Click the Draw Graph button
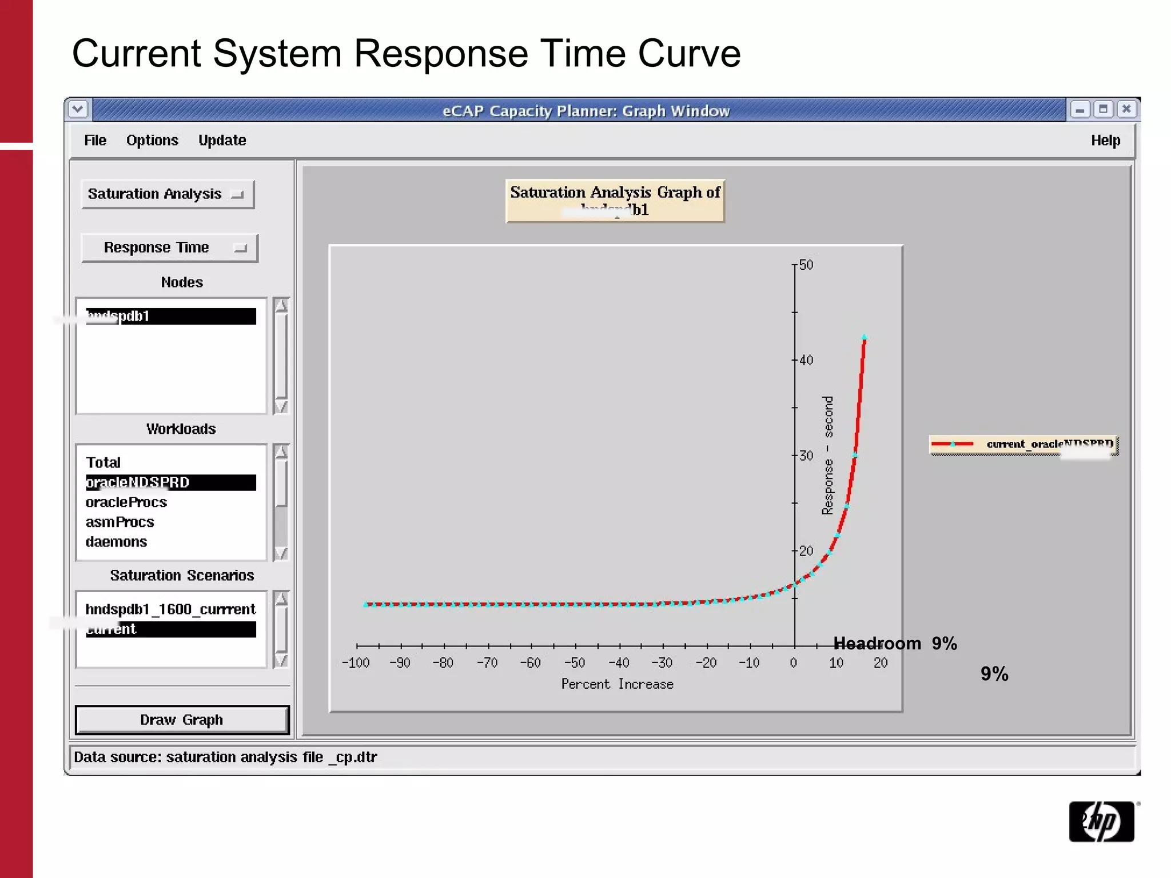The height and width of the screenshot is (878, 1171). pyautogui.click(x=182, y=720)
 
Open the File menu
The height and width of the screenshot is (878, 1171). pyautogui.click(x=95, y=141)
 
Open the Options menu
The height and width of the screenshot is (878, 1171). pyautogui.click(x=152, y=141)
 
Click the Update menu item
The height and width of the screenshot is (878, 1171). pyautogui.click(x=222, y=141)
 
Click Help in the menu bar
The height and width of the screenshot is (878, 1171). pyautogui.click(x=1105, y=141)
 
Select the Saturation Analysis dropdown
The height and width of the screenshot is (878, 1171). pyautogui.click(x=167, y=194)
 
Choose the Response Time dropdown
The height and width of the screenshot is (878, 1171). pyautogui.click(x=169, y=248)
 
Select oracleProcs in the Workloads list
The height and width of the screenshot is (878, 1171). pyautogui.click(x=126, y=502)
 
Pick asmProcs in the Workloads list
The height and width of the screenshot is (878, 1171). pyautogui.click(x=120, y=522)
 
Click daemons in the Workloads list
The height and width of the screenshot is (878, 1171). pyautogui.click(x=117, y=542)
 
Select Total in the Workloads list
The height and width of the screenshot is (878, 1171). pyautogui.click(x=103, y=462)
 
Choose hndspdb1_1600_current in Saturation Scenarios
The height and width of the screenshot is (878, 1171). pyautogui.click(x=170, y=609)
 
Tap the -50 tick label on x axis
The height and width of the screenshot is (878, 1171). pyautogui.click(x=575, y=663)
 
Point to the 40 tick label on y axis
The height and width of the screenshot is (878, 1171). pyautogui.click(x=806, y=360)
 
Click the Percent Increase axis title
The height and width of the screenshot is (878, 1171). pyautogui.click(x=617, y=684)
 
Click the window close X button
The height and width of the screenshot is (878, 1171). pyautogui.click(x=1126, y=109)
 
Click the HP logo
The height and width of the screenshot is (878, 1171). pyautogui.click(x=1101, y=821)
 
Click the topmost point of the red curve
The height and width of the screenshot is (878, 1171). pyautogui.click(x=864, y=338)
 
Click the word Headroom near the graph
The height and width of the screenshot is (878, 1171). pyautogui.click(x=877, y=644)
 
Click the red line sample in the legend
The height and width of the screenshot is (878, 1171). pyautogui.click(x=952, y=444)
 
